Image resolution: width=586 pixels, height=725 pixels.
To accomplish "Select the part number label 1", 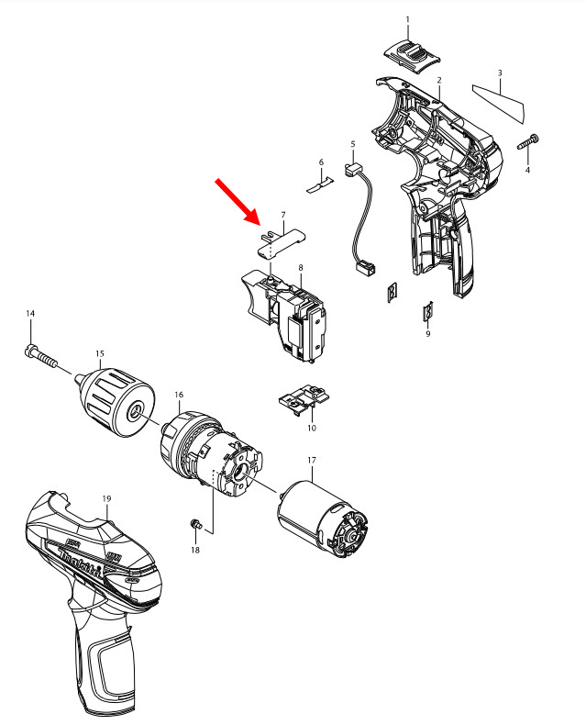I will click(x=408, y=19).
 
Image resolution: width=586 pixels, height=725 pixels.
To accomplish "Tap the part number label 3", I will click(x=500, y=72).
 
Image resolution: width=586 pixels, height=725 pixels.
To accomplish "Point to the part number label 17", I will click(x=311, y=460).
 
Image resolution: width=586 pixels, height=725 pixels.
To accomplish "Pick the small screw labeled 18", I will click(x=194, y=524).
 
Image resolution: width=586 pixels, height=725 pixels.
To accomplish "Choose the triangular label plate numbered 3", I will click(x=501, y=102).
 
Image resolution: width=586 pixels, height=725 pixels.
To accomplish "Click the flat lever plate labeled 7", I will click(x=280, y=240).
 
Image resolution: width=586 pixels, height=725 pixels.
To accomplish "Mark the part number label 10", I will click(x=312, y=428).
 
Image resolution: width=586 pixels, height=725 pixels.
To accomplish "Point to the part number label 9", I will click(x=427, y=334).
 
